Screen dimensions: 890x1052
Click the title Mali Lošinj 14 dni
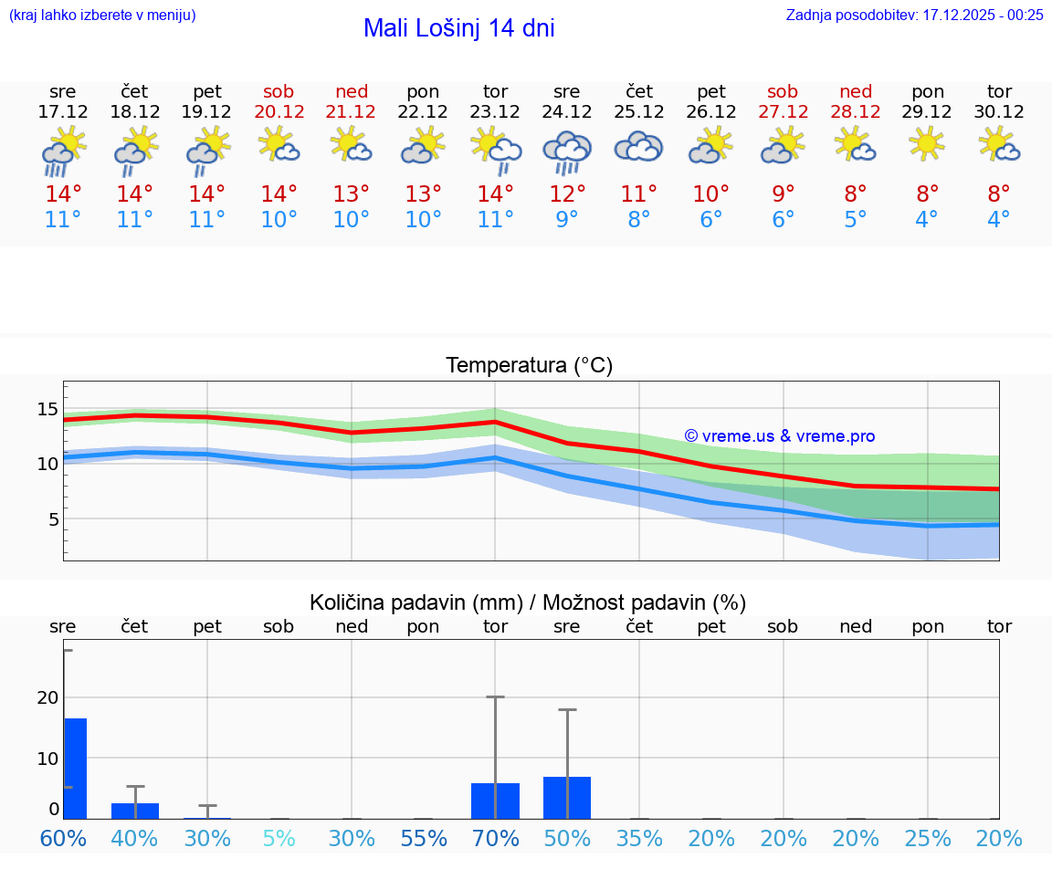(458, 28)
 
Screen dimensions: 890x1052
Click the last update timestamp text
(914, 15)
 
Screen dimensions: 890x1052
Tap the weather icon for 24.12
(567, 149)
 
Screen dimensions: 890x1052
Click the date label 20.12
(279, 111)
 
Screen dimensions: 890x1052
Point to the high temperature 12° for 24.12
(567, 194)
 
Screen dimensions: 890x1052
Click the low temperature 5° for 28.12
(856, 219)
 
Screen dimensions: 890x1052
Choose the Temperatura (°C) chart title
(529, 365)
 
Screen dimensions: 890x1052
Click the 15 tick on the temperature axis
(47, 408)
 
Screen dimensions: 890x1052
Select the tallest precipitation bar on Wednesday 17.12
(75, 768)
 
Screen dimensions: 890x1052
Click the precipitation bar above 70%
(495, 801)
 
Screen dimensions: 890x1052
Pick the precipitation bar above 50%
(567, 797)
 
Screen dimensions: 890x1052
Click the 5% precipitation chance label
(279, 838)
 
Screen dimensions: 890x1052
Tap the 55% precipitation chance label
(423, 838)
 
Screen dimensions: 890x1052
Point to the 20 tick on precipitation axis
(47, 697)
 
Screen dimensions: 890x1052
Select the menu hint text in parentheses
(101, 15)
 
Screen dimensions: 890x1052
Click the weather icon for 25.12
(638, 147)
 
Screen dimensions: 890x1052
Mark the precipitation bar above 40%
(135, 811)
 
